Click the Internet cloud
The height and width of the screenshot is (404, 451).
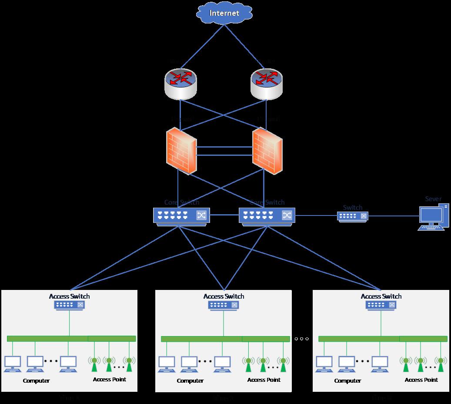(x=224, y=13)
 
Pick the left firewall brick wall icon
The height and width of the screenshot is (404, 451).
(x=181, y=151)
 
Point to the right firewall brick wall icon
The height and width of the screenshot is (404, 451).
(x=267, y=151)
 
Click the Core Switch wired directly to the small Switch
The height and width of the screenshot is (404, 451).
(x=267, y=215)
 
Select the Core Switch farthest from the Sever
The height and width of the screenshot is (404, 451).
(x=181, y=215)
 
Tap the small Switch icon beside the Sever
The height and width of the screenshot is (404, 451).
(x=352, y=216)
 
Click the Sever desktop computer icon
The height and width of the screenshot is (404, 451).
(x=433, y=217)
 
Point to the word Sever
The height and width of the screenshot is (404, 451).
(x=433, y=199)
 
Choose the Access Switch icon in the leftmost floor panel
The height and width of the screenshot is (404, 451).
(x=69, y=305)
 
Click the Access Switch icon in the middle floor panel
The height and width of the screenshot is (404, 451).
(x=224, y=305)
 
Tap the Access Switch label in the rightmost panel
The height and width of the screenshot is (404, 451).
(x=381, y=296)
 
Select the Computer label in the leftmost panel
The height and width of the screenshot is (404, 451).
(x=36, y=380)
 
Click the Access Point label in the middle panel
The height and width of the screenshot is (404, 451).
(x=264, y=380)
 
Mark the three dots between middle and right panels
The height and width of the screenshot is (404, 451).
(x=301, y=339)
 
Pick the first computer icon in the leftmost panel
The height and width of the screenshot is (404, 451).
(x=12, y=364)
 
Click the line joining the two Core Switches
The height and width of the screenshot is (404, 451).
(x=224, y=215)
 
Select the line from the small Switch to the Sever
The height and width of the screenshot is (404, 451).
(x=394, y=215)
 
